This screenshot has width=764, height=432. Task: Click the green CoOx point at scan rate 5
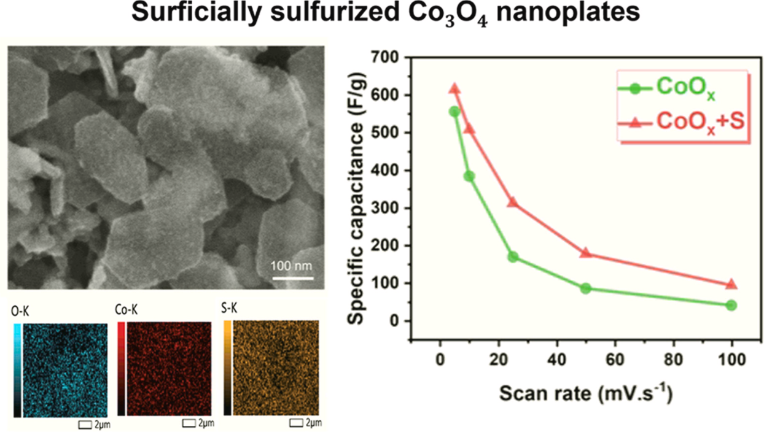[454, 112]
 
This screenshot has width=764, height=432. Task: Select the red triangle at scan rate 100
[731, 285]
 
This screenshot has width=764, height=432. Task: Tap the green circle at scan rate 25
[513, 257]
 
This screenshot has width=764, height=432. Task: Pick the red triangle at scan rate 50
[585, 253]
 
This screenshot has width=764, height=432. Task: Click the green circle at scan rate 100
[731, 305]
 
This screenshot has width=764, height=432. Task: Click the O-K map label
[19, 310]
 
